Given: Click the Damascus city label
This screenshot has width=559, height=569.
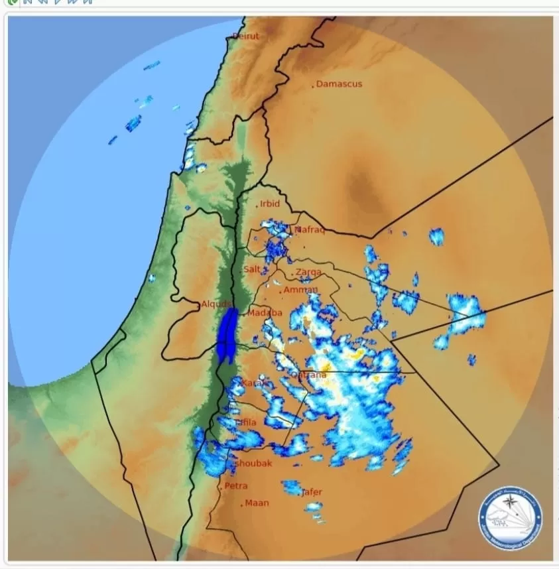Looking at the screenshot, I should point(339,84).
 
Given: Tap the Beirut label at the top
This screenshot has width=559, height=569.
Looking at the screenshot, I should point(245,36).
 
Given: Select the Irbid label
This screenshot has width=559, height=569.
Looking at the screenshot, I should point(270,204).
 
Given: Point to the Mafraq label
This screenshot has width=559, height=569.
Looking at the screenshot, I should point(310,230).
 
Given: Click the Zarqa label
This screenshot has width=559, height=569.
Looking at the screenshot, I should point(308,272).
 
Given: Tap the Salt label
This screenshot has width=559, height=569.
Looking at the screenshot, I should point(251,269).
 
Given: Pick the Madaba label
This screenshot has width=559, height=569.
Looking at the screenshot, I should point(265,313).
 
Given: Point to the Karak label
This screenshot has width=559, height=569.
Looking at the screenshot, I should point(255,383).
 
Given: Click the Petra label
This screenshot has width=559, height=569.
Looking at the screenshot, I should point(235,485).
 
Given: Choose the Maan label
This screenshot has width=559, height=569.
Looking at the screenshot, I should point(257,503).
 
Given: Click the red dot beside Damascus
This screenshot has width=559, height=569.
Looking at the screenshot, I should point(313,86).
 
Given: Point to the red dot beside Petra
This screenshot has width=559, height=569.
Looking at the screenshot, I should point(221,487).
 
